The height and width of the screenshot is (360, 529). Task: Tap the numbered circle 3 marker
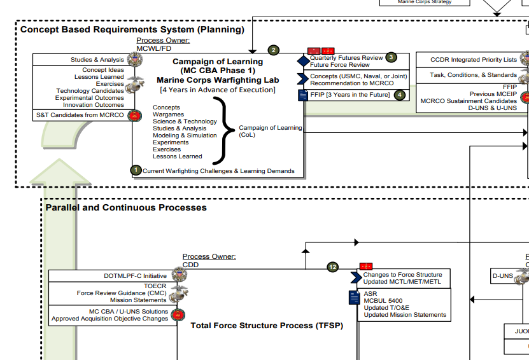391,57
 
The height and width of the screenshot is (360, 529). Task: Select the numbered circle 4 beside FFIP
399,95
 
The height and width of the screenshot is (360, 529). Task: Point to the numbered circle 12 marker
333,267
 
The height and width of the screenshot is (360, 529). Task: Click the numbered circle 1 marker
136,170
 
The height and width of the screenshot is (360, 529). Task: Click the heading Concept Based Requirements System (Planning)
132,29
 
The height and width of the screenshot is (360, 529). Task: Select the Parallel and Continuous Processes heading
126,207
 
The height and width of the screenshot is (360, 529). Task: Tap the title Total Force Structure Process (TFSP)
267,326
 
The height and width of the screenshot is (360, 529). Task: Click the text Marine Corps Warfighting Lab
217,80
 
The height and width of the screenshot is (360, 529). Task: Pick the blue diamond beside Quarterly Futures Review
303,61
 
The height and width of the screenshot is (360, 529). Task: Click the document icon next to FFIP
303,95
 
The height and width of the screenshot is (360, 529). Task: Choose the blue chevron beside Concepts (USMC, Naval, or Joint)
303,79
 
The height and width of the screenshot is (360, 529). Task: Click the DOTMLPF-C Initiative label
135,276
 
